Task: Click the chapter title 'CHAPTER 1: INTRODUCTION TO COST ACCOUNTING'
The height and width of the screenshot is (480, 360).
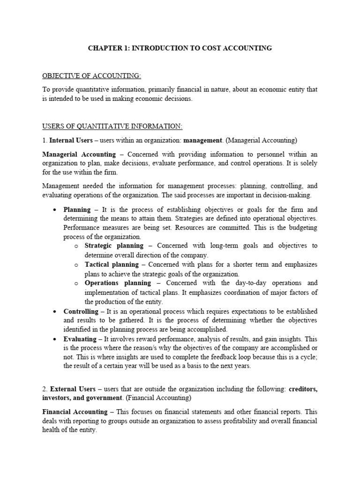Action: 180,48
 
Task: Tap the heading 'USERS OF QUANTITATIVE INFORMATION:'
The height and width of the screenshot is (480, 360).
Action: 112,127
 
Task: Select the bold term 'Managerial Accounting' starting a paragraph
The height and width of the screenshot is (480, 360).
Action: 79,154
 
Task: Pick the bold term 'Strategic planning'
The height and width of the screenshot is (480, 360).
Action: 114,246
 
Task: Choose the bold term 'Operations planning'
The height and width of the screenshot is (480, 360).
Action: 118,283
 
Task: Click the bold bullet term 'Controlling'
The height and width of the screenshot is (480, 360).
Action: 81,311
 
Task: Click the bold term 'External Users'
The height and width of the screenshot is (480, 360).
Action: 72,389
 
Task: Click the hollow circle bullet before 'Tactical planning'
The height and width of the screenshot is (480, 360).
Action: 75,265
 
